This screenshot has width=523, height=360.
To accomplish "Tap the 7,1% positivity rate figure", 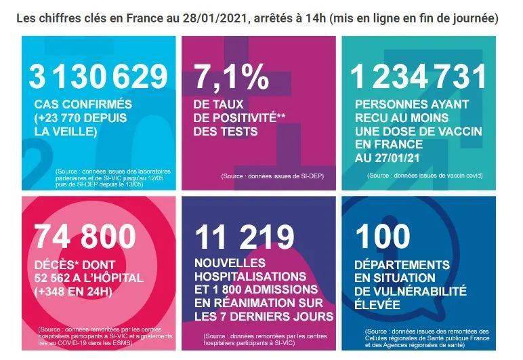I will [x=231, y=78].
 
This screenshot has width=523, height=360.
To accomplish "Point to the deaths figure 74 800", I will [x=85, y=236].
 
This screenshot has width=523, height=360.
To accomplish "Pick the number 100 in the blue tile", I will [x=383, y=236].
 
